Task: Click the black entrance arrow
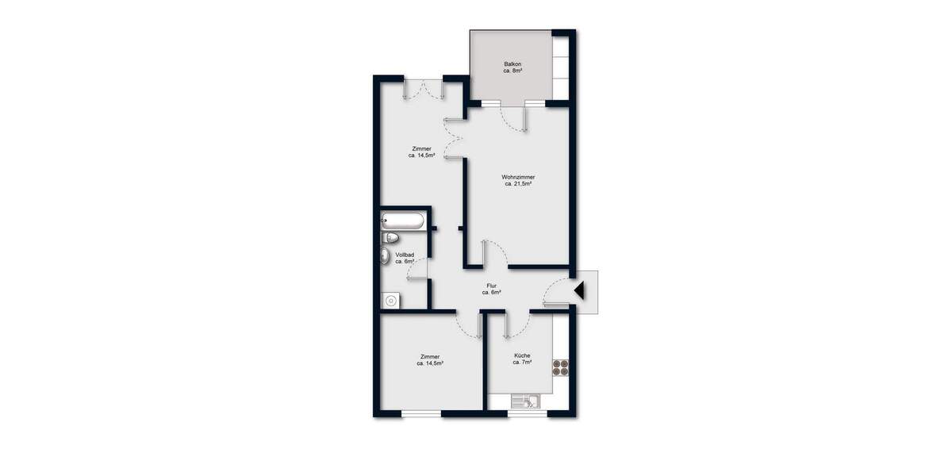[579, 290]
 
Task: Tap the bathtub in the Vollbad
[403, 221]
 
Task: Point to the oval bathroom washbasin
[386, 255]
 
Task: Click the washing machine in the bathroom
[390, 300]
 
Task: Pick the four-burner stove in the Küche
[562, 367]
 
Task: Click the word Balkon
[512, 63]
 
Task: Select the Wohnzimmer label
[518, 176]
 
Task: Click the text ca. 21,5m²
[518, 184]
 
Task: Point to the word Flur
[492, 286]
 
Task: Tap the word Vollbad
[405, 255]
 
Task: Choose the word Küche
[522, 355]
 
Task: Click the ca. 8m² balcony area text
[512, 71]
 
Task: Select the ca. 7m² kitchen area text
[522, 363]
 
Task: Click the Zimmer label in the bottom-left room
[430, 357]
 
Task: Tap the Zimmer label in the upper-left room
[421, 148]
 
